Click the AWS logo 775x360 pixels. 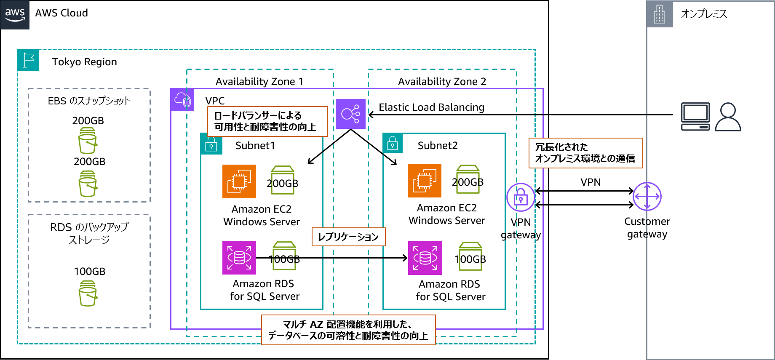(15, 14)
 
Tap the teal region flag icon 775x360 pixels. (28, 60)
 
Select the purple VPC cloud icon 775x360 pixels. (182, 100)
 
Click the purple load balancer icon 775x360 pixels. (350, 114)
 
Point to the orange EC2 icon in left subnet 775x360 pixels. (239, 181)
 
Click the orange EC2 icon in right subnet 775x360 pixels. (424, 181)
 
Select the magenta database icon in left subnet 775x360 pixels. (239, 258)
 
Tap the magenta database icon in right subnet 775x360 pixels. (425, 258)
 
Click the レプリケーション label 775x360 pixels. (348, 237)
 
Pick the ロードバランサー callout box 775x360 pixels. (267, 121)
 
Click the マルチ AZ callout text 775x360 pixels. (348, 330)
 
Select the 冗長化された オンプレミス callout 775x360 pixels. (585, 153)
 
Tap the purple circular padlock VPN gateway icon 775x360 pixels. (521, 197)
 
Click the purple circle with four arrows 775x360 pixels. (647, 196)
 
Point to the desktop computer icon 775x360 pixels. (695, 117)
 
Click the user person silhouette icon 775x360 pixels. (728, 117)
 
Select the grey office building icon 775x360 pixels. (660, 14)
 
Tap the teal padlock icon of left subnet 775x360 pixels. (211, 144)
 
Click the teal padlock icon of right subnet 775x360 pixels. (393, 143)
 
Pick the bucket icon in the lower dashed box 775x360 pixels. (88, 293)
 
